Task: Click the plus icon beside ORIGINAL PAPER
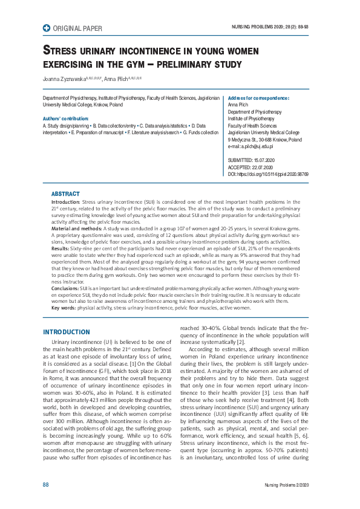47,28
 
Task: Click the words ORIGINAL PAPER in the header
78,28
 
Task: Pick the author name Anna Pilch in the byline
117,79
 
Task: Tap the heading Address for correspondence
258,98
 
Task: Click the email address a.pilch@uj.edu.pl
250,146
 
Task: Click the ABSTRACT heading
65,194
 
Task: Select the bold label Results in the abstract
61,248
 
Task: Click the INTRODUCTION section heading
67,332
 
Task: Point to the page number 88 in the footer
45,485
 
